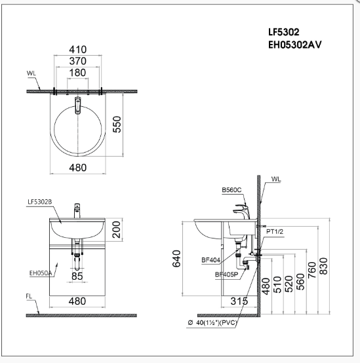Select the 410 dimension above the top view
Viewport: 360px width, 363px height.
pos(78,48)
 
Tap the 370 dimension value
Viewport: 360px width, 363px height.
pos(78,60)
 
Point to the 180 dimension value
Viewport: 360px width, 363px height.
pos(78,72)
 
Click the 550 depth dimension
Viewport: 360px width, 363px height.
pos(118,124)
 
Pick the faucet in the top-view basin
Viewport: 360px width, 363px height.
pos(77,104)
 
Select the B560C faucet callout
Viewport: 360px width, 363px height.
pos(231,190)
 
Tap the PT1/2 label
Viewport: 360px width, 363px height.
pos(275,231)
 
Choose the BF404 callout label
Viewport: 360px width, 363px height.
pos(210,259)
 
